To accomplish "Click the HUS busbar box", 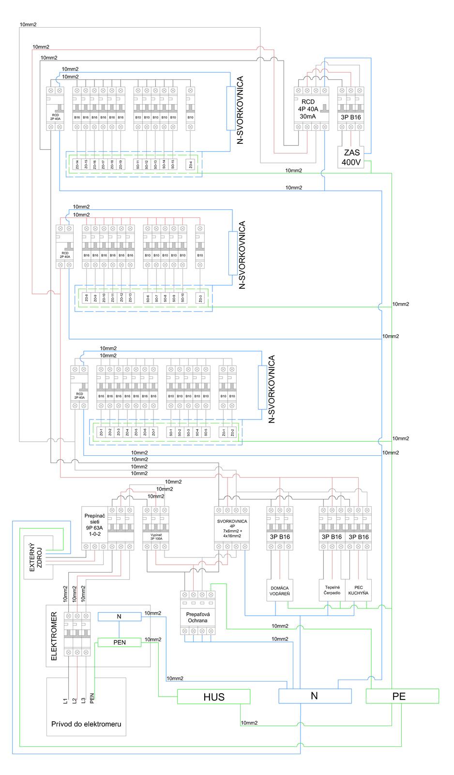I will [x=214, y=697].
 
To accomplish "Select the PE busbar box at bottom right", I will [x=402, y=696].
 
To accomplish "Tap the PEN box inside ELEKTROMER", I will [x=119, y=642].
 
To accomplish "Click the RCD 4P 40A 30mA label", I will [x=308, y=109].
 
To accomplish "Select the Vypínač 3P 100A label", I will [x=156, y=537].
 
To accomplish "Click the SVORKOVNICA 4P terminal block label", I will [x=232, y=528].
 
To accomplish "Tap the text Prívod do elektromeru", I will [x=86, y=725].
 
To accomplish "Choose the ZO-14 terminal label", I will [x=76, y=164].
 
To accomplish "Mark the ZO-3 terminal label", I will [x=200, y=299].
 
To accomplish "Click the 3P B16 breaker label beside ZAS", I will [x=351, y=117].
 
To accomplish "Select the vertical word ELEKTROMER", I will [x=54, y=636].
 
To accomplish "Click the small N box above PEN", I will [x=119, y=617].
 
